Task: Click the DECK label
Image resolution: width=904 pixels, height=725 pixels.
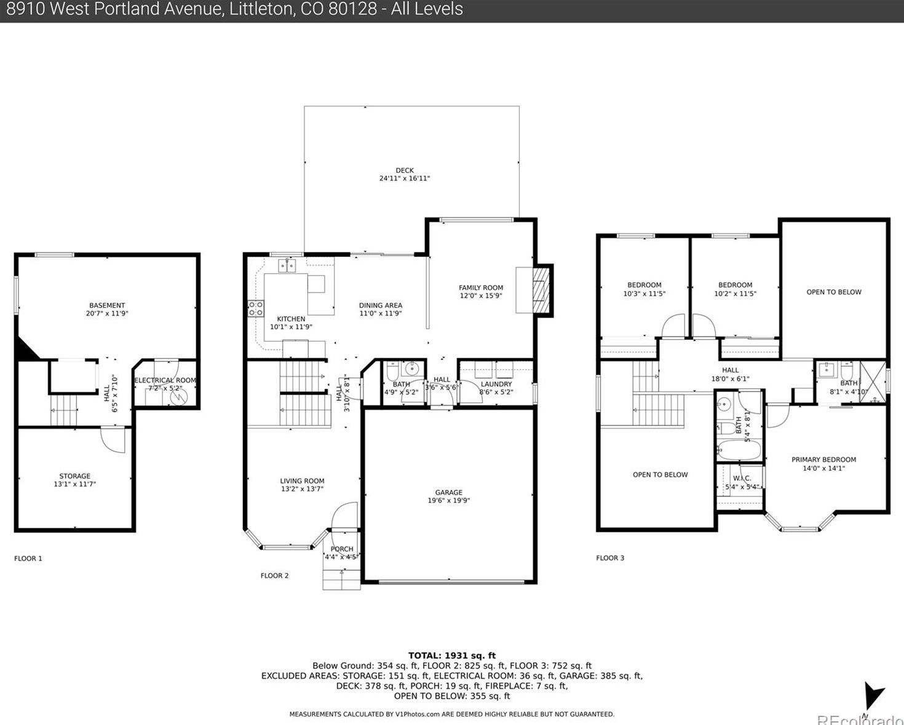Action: click(405, 170)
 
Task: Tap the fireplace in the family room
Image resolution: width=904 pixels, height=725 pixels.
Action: click(541, 289)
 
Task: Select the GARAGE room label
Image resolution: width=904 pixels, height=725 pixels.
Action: click(448, 492)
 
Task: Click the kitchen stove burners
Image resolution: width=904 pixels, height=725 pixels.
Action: click(255, 308)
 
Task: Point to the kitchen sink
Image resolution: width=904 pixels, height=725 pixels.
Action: click(287, 265)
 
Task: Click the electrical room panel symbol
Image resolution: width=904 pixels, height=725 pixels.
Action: click(178, 398)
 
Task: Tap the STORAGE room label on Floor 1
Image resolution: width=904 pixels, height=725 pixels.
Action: click(75, 476)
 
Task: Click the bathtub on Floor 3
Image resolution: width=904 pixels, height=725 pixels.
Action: click(739, 449)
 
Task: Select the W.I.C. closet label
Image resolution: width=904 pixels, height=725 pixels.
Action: click(742, 478)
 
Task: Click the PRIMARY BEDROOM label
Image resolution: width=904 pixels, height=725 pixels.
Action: click(823, 460)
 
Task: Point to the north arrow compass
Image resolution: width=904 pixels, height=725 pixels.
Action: click(873, 697)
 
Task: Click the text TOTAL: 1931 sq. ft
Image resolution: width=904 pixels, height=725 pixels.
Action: click(451, 656)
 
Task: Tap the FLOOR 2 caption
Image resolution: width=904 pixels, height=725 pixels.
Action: click(274, 576)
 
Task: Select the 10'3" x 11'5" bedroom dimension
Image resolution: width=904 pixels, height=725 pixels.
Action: click(644, 294)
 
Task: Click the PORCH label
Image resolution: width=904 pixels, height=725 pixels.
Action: click(342, 549)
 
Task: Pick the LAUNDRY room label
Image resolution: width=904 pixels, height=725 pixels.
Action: click(496, 384)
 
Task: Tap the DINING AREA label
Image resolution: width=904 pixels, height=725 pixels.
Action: click(381, 305)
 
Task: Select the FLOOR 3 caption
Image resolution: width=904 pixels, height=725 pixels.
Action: click(610, 558)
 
